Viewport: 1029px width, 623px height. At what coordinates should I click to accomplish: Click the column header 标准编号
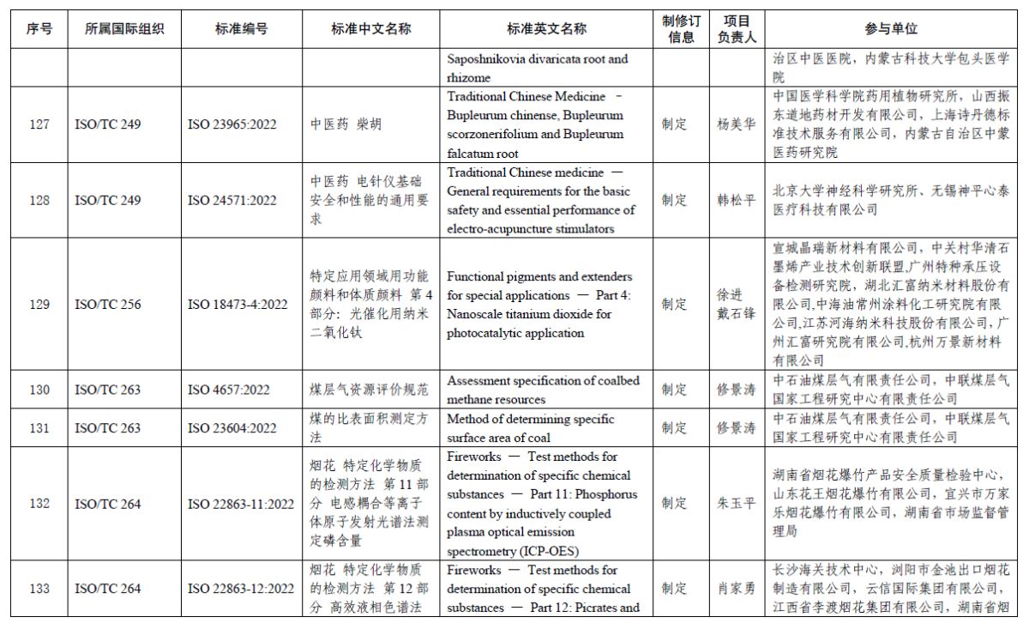(x=241, y=28)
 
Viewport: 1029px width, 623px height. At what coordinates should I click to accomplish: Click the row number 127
(x=39, y=124)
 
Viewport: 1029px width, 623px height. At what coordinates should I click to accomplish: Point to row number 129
(x=39, y=305)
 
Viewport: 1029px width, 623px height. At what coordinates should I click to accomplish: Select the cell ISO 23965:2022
(x=232, y=124)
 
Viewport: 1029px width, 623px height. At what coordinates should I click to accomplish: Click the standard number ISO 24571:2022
(x=232, y=201)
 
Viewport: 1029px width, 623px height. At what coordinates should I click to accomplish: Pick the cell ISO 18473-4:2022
(x=238, y=305)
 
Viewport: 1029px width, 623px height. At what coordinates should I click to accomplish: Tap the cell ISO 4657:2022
(x=229, y=390)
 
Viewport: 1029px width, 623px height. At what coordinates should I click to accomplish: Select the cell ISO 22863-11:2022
(x=241, y=504)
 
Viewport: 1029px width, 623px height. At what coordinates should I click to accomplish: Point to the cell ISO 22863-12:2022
(x=241, y=589)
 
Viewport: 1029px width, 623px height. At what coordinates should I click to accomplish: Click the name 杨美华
(x=737, y=124)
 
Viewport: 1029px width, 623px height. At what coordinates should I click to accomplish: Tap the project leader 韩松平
(x=737, y=201)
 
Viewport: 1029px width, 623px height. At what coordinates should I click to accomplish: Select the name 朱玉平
(x=737, y=504)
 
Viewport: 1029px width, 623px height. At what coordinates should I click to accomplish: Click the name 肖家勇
(x=737, y=589)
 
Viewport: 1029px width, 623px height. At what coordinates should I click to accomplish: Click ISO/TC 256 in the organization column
(x=108, y=305)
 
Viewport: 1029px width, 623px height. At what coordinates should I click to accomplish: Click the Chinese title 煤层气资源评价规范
(x=370, y=390)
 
